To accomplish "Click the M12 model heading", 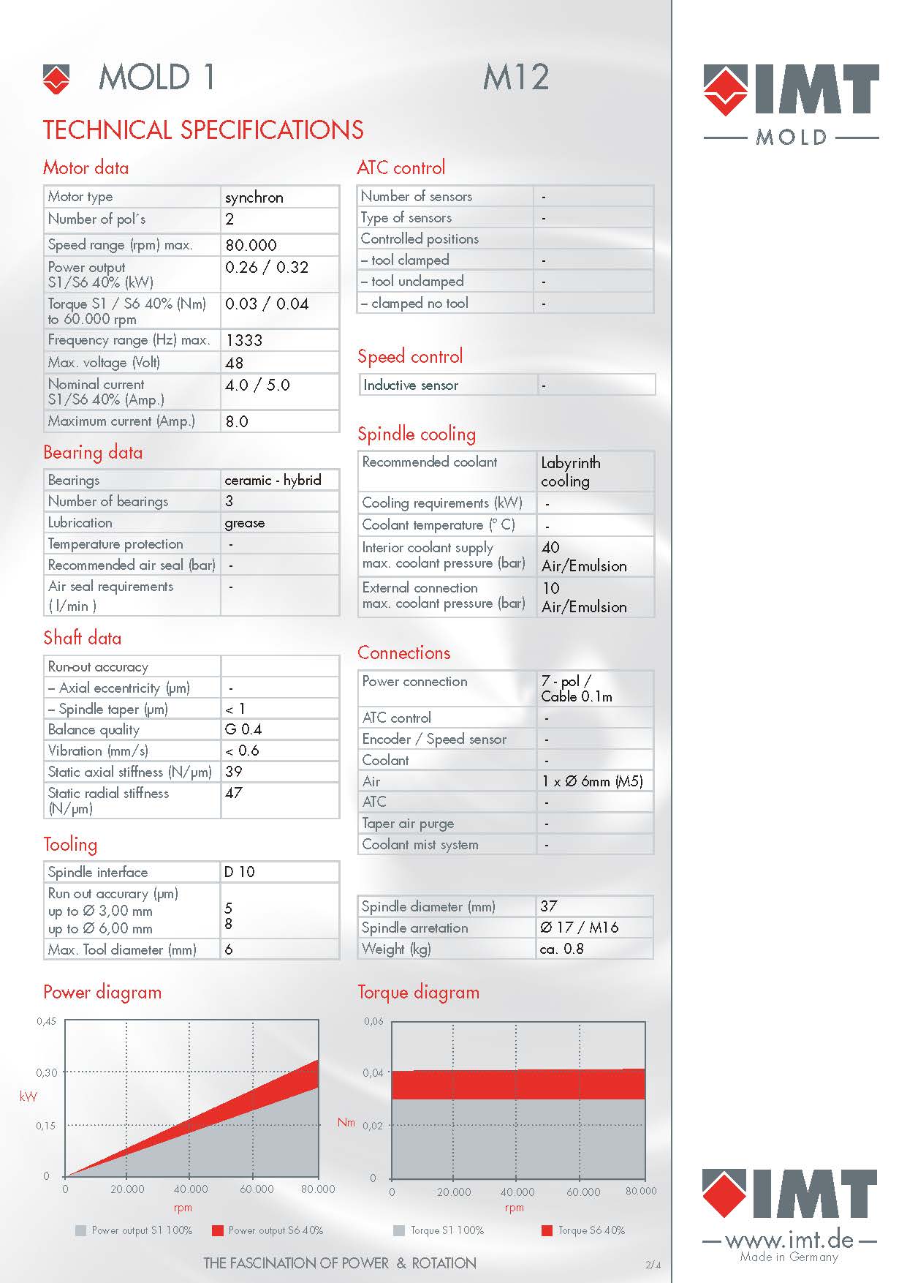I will [x=516, y=78].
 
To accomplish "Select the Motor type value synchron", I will [x=254, y=197].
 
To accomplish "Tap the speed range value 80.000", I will [x=251, y=245].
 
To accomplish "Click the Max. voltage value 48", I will [x=235, y=363].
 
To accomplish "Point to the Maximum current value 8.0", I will [x=237, y=421].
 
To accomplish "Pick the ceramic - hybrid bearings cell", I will [x=273, y=480].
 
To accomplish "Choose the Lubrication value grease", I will [x=245, y=523].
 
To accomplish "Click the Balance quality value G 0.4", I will [x=243, y=729].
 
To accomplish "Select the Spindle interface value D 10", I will [x=240, y=872].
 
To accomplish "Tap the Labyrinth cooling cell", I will [x=571, y=472].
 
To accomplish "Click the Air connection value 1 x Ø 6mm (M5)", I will [x=592, y=781].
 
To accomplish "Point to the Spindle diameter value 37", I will [x=549, y=906].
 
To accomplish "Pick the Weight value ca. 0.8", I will [x=562, y=949].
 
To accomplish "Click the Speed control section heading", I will [x=410, y=357].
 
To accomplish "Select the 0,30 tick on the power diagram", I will [x=47, y=1072].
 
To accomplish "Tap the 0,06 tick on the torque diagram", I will [x=373, y=1021].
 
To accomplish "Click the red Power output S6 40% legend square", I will [x=217, y=1230].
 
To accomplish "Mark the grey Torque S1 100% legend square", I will [x=399, y=1230].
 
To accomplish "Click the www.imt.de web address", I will [x=789, y=1240].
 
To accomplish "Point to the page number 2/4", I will [x=653, y=1264].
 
